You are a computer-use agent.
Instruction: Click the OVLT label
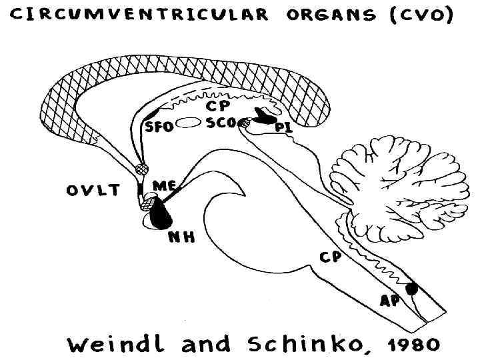pyautogui.click(x=93, y=191)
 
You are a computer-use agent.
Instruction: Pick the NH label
pyautogui.click(x=181, y=235)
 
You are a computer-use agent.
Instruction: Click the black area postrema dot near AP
pyautogui.click(x=411, y=288)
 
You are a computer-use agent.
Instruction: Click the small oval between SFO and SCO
pyautogui.click(x=189, y=123)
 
